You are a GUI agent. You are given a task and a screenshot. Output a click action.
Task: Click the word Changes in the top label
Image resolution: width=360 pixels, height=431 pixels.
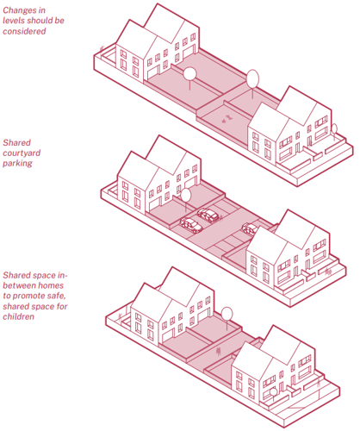pyautogui.click(x=20, y=10)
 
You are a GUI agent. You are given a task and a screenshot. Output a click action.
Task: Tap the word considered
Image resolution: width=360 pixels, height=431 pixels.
pyautogui.click(x=24, y=31)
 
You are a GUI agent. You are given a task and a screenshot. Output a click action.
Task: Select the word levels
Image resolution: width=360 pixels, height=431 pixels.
pyautogui.click(x=14, y=21)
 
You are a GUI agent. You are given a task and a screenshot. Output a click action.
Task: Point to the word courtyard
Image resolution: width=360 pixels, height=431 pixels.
pyautogui.click(x=22, y=153)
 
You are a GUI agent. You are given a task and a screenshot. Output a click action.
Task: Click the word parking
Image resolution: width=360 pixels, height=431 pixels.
pyautogui.click(x=17, y=163)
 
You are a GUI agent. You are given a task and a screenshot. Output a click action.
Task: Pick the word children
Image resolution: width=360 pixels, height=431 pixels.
pyautogui.click(x=18, y=316)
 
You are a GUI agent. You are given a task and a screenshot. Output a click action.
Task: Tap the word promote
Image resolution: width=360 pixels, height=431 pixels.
pyautogui.click(x=40, y=296)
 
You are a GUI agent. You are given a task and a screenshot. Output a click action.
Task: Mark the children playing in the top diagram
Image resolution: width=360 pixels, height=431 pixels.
pyautogui.click(x=227, y=119)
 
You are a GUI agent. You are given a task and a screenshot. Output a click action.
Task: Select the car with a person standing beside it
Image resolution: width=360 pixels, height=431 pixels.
pyautogui.click(x=208, y=215)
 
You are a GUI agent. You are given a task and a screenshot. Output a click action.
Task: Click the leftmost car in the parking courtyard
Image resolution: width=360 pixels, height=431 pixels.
pyautogui.click(x=191, y=225)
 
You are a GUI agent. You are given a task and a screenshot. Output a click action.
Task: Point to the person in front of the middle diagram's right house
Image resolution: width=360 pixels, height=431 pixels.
pyautogui.click(x=328, y=272)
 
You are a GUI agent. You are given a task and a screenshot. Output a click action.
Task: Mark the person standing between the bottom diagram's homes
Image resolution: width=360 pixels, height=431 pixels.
pyautogui.click(x=219, y=351)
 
